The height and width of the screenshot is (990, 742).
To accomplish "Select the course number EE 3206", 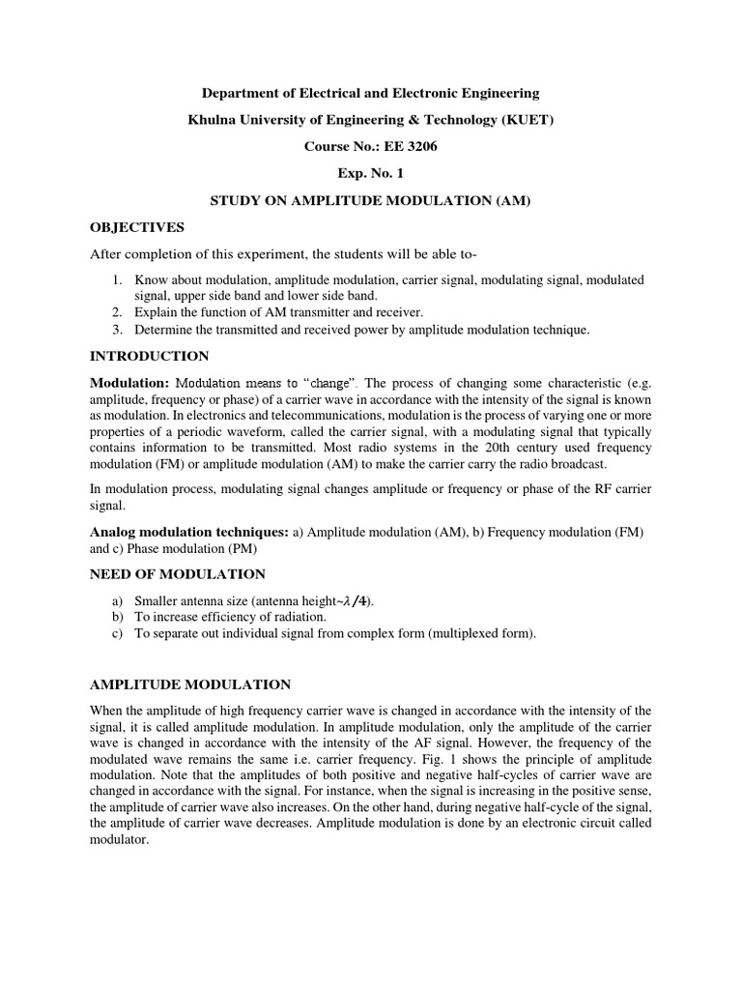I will coord(409,147).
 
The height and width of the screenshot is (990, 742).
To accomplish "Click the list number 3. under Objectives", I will coord(117,330).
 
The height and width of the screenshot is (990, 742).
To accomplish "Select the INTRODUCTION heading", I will coord(149,356).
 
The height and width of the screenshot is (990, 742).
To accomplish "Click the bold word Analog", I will coord(115,532).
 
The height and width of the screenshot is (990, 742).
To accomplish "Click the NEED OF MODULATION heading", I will coord(178,574).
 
